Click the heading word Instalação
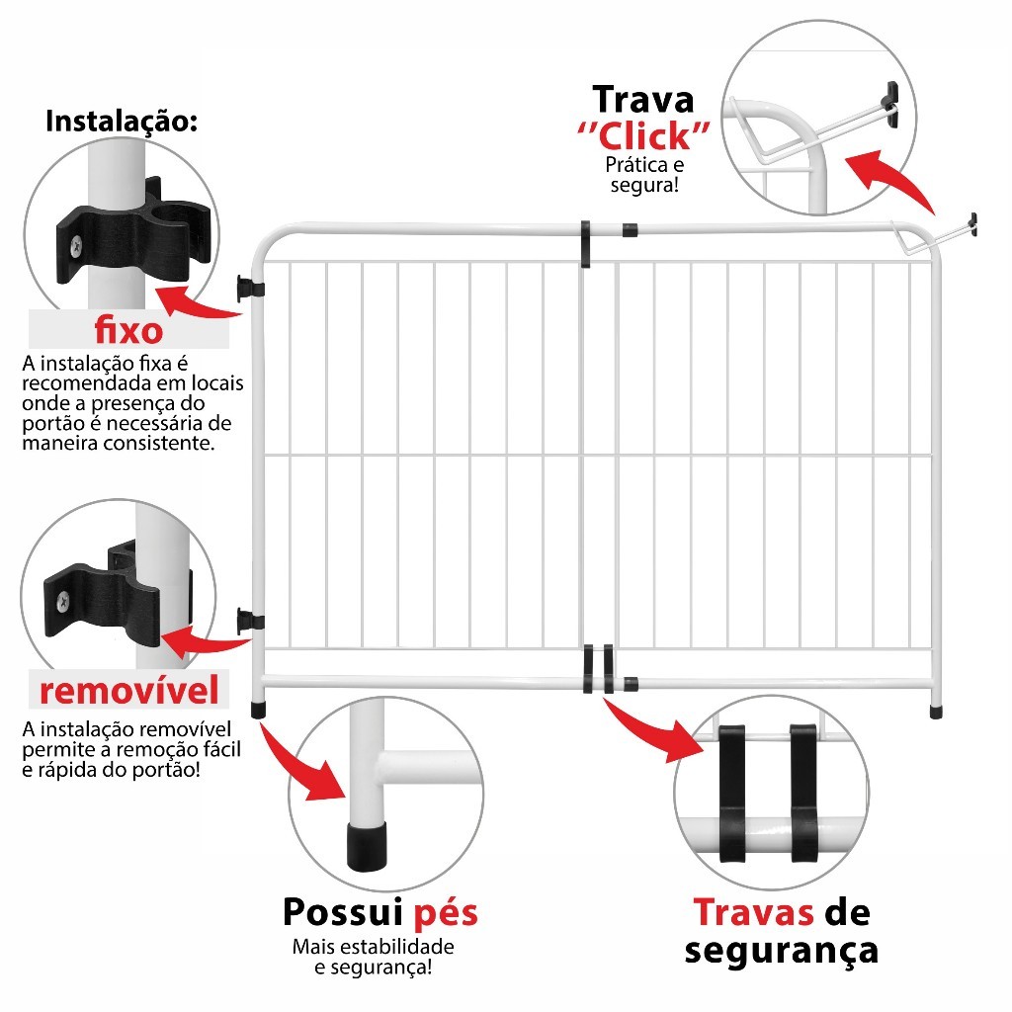pyautogui.click(x=122, y=122)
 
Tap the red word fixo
pyautogui.click(x=129, y=330)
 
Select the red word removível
pyautogui.click(x=129, y=690)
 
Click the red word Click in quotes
pyautogui.click(x=644, y=136)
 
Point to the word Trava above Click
pyautogui.click(x=643, y=100)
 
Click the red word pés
pyautogui.click(x=446, y=913)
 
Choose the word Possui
pyautogui.click(x=343, y=911)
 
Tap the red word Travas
pyautogui.click(x=754, y=912)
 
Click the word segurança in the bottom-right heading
pyautogui.click(x=782, y=951)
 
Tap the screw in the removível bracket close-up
pyautogui.click(x=63, y=602)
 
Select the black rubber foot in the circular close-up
pyautogui.click(x=367, y=845)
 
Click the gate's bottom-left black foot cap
pyautogui.click(x=258, y=710)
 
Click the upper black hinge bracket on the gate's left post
pyautogui.click(x=250, y=288)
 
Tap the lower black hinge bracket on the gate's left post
pyautogui.click(x=250, y=621)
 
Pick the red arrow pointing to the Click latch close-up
pyautogui.click(x=893, y=177)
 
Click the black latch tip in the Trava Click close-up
pyautogui.click(x=892, y=102)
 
